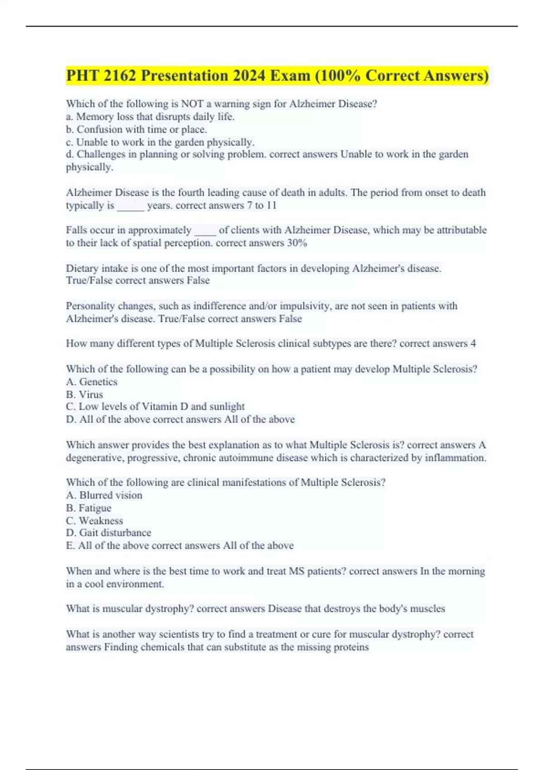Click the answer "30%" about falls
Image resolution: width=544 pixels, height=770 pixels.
pos(297,243)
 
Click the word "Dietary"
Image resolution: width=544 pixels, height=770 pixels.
pos(82,268)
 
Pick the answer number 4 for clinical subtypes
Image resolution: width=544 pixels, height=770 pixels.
pos(473,343)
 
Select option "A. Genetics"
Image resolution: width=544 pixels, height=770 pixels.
pos(92,381)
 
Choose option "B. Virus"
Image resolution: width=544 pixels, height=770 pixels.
pos(84,394)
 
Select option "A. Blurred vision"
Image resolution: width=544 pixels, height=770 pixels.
pos(104,495)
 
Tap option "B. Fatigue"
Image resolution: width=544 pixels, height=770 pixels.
pos(88,508)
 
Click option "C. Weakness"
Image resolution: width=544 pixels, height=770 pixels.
pos(94,520)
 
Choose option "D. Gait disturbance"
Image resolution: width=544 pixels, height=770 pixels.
pos(108,533)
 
